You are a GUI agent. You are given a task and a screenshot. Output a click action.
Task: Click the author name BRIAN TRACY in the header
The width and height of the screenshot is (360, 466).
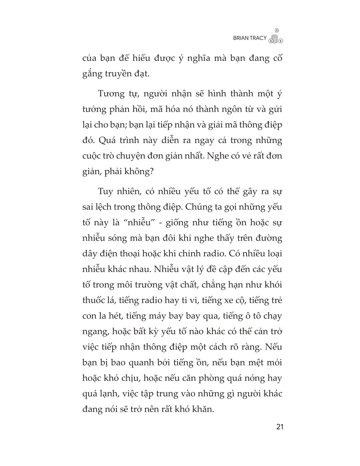tap(249, 38)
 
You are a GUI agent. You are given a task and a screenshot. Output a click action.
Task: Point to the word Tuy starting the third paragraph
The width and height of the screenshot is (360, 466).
tap(105, 192)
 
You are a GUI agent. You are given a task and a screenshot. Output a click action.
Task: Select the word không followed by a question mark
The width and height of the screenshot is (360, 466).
tap(139, 172)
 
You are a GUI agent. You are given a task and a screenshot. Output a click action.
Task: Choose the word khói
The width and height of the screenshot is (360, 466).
tap(273, 285)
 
